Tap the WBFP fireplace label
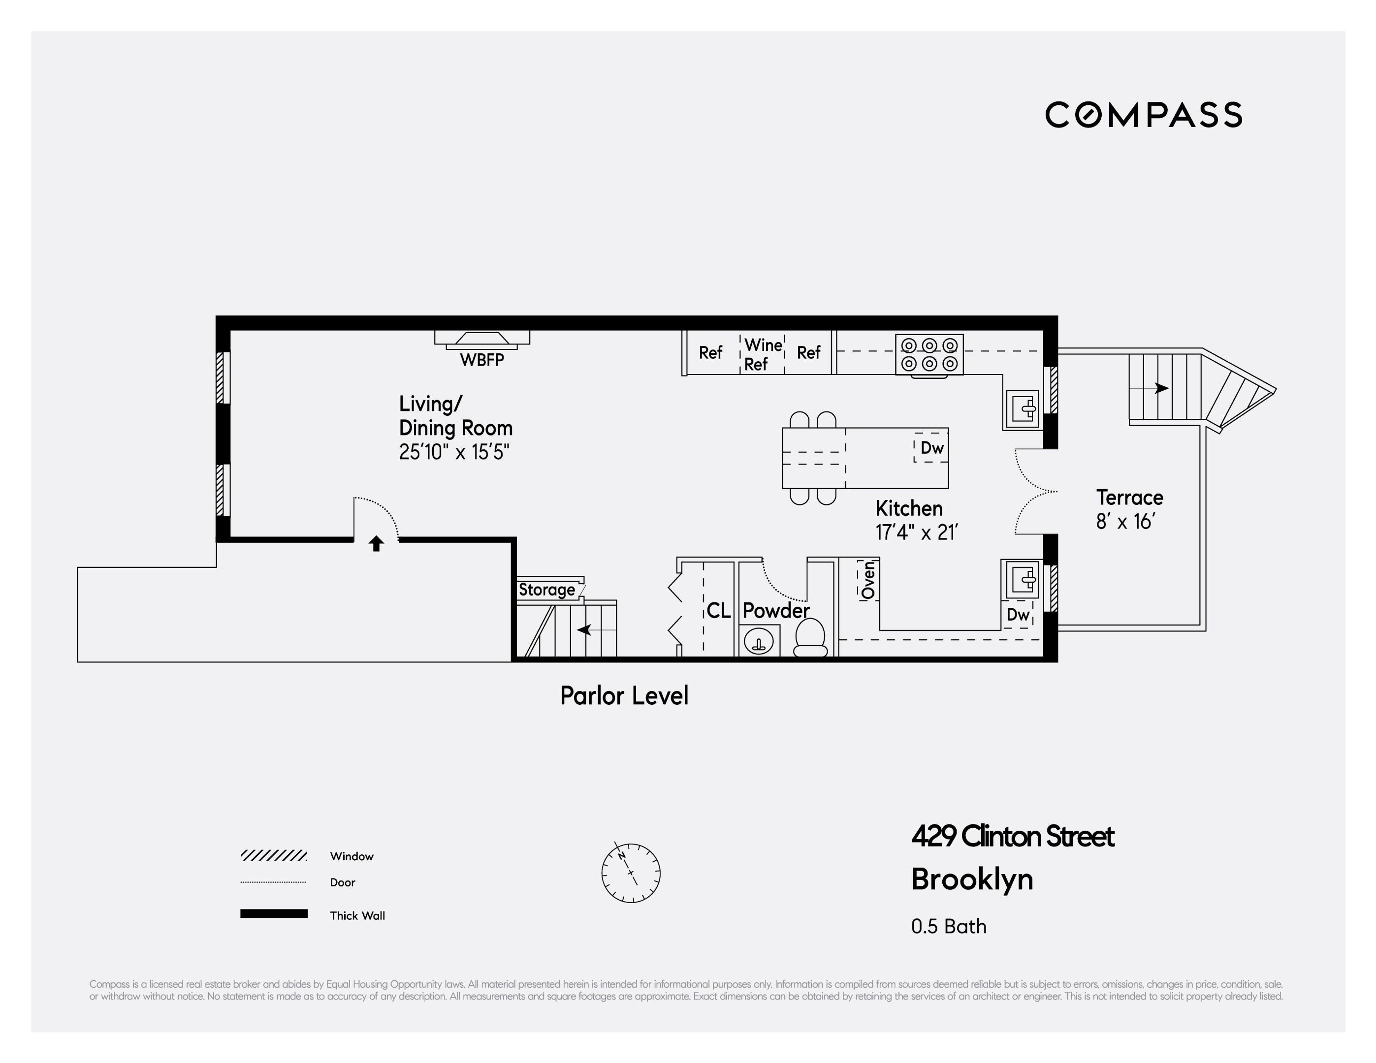click(x=481, y=360)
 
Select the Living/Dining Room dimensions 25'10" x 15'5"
click(x=453, y=452)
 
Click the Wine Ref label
click(x=763, y=354)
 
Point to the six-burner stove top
click(x=929, y=354)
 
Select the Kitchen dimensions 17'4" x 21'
click(x=916, y=533)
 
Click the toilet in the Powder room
click(x=810, y=637)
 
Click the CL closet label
click(x=718, y=610)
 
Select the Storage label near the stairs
click(x=546, y=590)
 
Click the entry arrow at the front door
click(x=376, y=543)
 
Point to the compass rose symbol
click(x=631, y=873)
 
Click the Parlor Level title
click(x=624, y=696)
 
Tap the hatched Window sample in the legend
click(x=273, y=855)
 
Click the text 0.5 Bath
click(x=948, y=926)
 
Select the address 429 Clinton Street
click(x=1013, y=836)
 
